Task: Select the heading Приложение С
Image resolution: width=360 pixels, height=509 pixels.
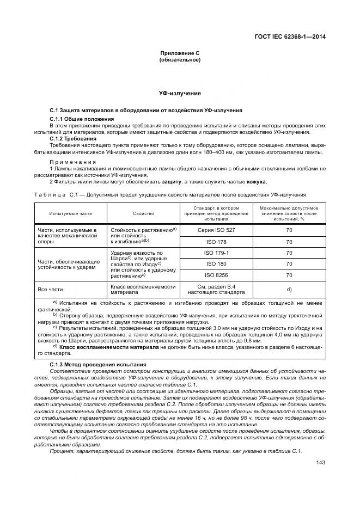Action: click(x=180, y=53)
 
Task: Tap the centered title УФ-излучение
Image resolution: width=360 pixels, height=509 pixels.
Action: click(x=180, y=94)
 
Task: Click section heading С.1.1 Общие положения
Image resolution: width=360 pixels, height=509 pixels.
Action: click(x=82, y=119)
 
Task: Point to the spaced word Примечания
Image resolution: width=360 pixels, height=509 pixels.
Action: click(x=73, y=162)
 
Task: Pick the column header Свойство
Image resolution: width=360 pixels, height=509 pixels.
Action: click(x=143, y=213)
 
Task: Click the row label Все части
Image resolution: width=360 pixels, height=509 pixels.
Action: click(x=49, y=289)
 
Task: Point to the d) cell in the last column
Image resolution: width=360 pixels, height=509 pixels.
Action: click(x=289, y=289)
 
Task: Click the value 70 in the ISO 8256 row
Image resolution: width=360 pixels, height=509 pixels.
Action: click(x=289, y=275)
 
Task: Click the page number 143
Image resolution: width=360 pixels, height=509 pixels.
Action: click(x=320, y=463)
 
